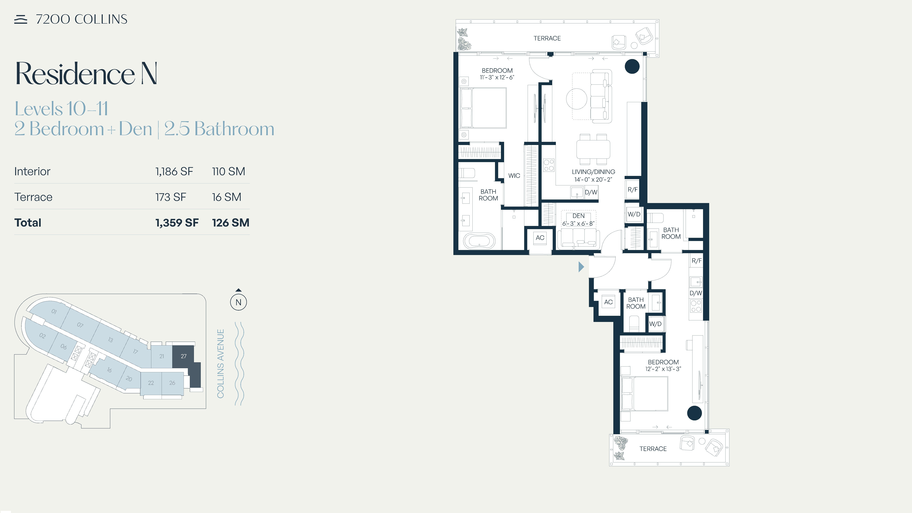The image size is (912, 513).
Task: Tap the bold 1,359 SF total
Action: (x=177, y=223)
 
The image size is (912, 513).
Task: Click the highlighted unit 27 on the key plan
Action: (x=183, y=356)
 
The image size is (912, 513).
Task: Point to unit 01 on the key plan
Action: (x=54, y=312)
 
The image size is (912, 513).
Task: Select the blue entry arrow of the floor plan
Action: (x=581, y=267)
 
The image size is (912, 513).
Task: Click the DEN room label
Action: (x=579, y=216)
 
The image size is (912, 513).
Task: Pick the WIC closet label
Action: (x=514, y=176)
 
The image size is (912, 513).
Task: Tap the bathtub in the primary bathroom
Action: (x=479, y=241)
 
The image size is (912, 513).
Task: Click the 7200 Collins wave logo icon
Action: (x=21, y=19)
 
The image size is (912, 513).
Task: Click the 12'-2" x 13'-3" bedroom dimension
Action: (x=663, y=369)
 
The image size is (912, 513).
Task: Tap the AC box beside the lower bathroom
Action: (x=608, y=302)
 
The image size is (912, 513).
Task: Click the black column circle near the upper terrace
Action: (x=632, y=66)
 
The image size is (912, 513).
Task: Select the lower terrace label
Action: (x=653, y=449)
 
